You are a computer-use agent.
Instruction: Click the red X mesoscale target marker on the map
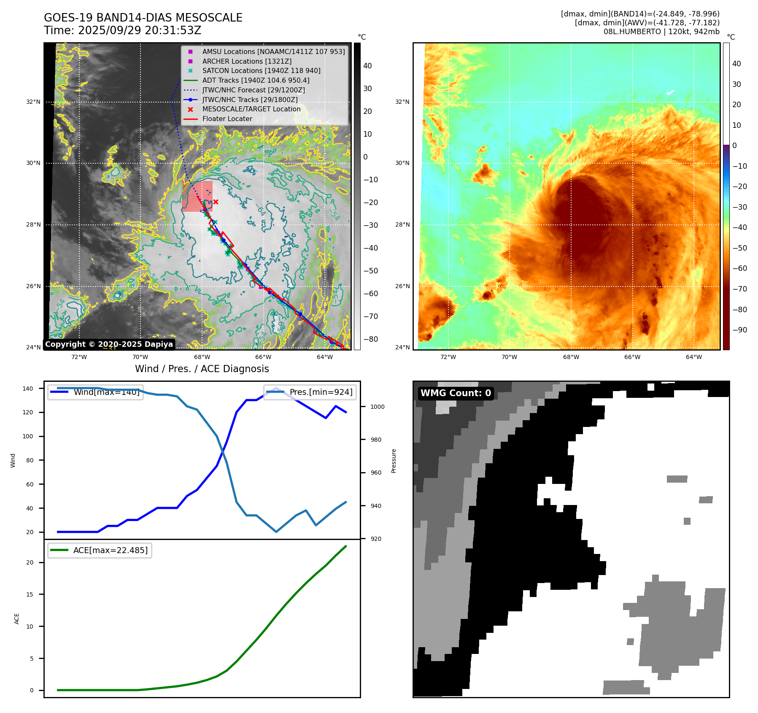point(216,202)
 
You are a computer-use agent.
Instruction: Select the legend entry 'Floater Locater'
point(227,119)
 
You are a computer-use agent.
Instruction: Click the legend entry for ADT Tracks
point(256,80)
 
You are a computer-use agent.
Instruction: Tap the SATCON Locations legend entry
point(261,70)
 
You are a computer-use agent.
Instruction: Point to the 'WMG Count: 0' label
point(456,393)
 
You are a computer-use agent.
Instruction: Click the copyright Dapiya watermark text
point(109,344)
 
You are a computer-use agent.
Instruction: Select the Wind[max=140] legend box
point(95,392)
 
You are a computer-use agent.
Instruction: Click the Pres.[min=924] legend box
point(310,392)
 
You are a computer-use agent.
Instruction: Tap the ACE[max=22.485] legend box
point(100,550)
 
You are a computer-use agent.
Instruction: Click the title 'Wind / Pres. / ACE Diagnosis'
point(202,369)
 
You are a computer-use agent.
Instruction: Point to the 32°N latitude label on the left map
point(33,102)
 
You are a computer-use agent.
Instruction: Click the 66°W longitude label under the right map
point(632,357)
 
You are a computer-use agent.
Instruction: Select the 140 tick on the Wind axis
point(28,389)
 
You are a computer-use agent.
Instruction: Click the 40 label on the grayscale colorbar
point(367,66)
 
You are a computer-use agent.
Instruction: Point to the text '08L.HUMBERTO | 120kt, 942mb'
point(661,32)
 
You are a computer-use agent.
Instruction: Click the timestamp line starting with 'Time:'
point(122,30)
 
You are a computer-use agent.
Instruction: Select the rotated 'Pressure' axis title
point(394,461)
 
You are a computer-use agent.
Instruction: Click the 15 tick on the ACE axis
point(30,594)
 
